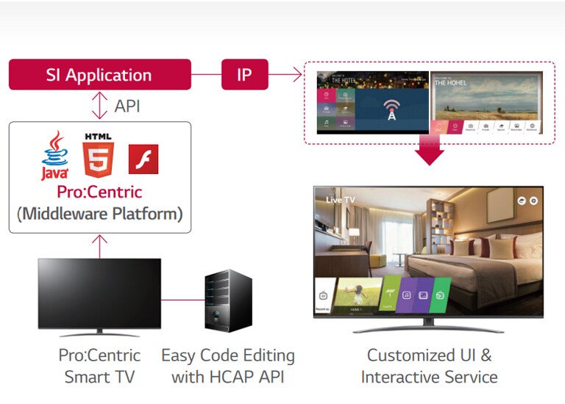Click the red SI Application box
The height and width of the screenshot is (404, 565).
click(x=99, y=75)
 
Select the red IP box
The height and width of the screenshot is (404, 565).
click(x=244, y=75)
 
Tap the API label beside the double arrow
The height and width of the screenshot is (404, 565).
click(x=127, y=107)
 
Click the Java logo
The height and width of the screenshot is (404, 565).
click(x=55, y=156)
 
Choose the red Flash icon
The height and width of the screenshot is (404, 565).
click(x=143, y=159)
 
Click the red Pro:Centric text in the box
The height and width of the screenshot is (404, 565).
click(x=99, y=192)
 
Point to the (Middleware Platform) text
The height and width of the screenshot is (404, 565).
click(x=99, y=215)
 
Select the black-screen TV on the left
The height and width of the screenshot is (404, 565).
click(x=99, y=294)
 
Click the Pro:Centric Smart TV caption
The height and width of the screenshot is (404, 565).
click(x=99, y=367)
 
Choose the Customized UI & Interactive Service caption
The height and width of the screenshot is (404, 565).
click(x=429, y=367)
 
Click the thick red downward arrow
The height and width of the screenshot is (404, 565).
click(x=429, y=150)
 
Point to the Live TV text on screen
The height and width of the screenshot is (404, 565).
click(x=341, y=200)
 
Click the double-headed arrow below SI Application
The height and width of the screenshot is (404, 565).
click(x=99, y=106)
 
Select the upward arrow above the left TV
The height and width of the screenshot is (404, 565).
click(x=99, y=246)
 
